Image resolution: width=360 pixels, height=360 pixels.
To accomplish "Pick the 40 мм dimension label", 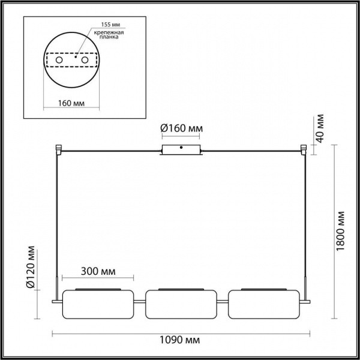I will [x=320, y=129].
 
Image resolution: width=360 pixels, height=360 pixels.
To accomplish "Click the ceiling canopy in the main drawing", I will [x=181, y=151].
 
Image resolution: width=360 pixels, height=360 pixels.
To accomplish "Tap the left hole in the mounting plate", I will [x=59, y=61].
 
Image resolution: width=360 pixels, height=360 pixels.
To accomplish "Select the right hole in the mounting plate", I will [x=85, y=61].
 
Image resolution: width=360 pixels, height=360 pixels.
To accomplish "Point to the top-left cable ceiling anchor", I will [x=58, y=148].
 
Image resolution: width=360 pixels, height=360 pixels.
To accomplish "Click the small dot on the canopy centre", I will [x=181, y=147].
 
